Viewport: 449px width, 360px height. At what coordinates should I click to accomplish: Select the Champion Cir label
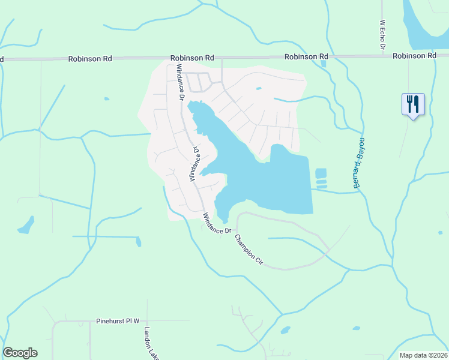(249, 249)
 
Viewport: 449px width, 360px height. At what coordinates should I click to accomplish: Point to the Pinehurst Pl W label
(118, 322)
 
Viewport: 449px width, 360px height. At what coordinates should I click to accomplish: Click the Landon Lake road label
(149, 343)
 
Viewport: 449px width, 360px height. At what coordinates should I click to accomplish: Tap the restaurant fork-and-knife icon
(413, 104)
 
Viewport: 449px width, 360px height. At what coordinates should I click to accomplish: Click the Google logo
(20, 353)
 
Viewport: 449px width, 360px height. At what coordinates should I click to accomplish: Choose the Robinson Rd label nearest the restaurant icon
(414, 56)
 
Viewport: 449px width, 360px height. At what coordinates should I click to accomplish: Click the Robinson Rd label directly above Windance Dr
(192, 58)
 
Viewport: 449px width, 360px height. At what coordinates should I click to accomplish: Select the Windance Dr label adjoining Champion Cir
(217, 224)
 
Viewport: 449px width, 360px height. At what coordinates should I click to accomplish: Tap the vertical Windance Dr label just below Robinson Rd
(179, 81)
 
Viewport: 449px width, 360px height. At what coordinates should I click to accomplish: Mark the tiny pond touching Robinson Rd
(324, 63)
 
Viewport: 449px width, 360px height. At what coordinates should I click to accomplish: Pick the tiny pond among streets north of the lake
(259, 89)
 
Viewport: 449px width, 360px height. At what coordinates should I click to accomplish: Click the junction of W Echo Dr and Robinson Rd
(382, 56)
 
